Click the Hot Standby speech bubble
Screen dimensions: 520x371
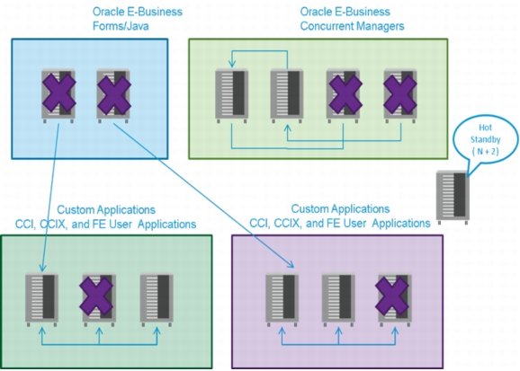[485, 139]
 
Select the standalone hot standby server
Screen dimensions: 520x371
[453, 197]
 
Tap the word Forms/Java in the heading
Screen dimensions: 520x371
[121, 26]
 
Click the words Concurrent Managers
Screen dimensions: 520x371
[352, 26]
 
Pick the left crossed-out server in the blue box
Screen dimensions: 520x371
[58, 95]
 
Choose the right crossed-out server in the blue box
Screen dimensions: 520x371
[113, 95]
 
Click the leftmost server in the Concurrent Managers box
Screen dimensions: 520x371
[232, 95]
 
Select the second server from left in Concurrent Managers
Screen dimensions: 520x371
[287, 95]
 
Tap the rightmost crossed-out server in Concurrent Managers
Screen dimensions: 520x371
[400, 95]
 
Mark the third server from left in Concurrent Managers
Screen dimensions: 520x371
[344, 95]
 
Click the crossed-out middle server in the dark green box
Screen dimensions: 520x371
[97, 299]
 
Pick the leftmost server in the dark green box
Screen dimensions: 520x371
[41, 299]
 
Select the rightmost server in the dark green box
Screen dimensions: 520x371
[157, 299]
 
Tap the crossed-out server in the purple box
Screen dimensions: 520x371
[392, 299]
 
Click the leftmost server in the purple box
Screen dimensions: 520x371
[282, 299]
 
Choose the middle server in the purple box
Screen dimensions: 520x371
[338, 299]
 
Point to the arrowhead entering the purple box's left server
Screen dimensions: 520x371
[291, 264]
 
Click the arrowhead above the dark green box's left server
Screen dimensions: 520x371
[42, 268]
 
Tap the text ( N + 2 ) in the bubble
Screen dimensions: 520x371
[485, 152]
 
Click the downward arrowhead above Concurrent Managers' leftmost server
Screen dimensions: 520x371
[232, 63]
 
